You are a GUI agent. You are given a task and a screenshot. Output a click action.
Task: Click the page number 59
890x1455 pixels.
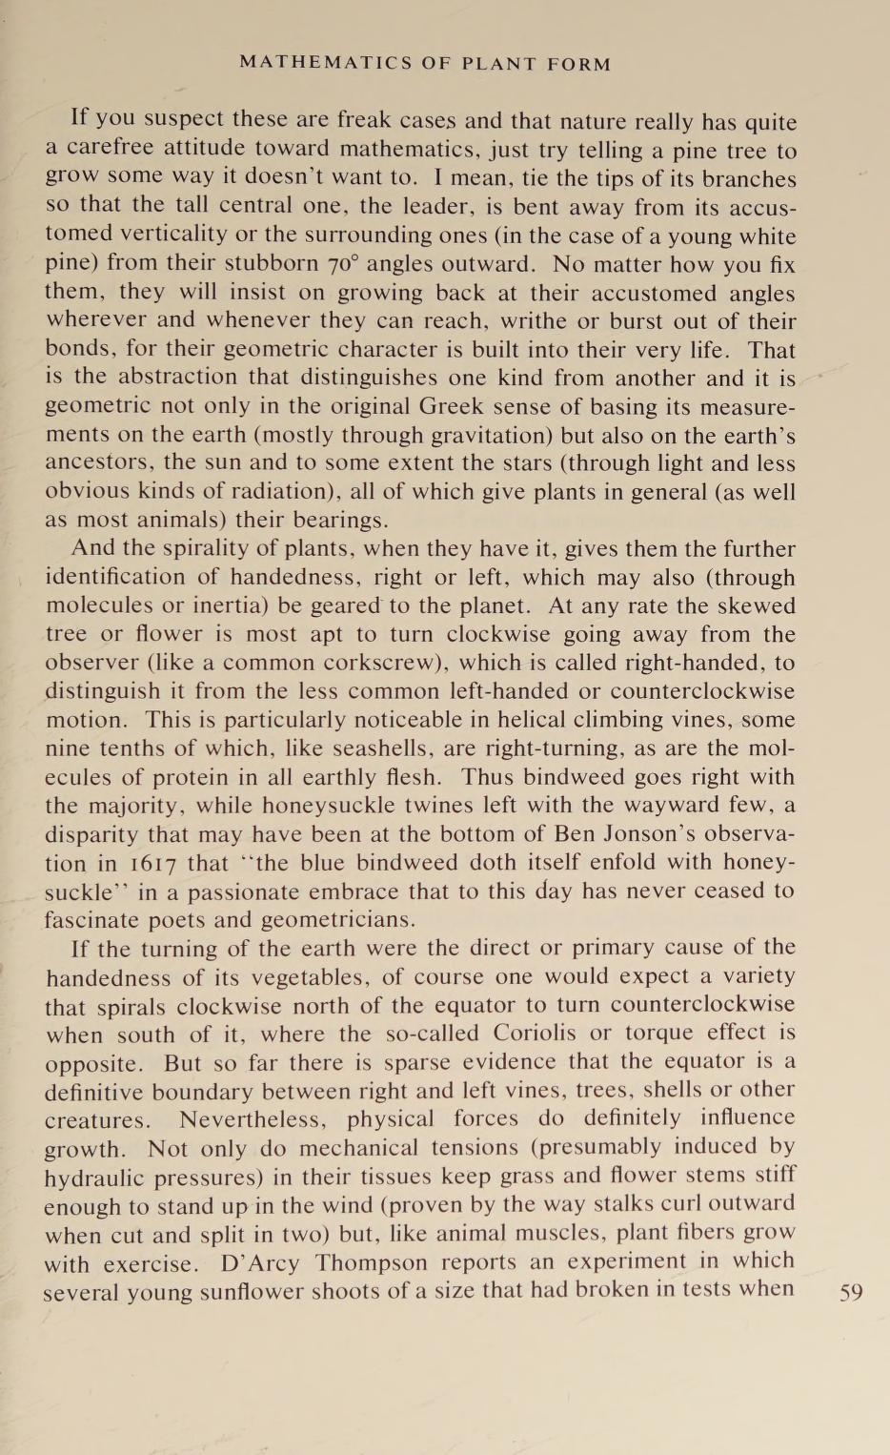click(x=851, y=1293)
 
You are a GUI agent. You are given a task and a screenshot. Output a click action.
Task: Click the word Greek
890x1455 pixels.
click(x=455, y=406)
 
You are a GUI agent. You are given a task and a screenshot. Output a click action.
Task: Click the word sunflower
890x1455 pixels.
click(x=251, y=1291)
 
